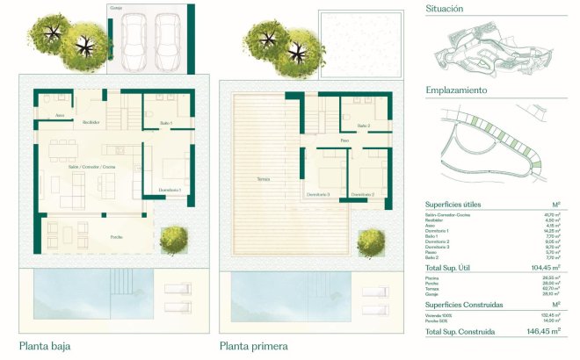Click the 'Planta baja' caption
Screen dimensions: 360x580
click(x=44, y=346)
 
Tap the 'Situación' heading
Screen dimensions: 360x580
click(x=445, y=9)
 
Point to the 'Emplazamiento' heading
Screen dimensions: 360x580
click(x=456, y=90)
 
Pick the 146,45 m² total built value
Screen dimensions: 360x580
click(x=542, y=333)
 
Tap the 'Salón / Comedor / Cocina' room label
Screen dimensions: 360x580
click(x=91, y=167)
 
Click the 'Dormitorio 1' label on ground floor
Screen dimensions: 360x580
click(x=170, y=190)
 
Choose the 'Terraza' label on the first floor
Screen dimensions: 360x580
click(x=264, y=178)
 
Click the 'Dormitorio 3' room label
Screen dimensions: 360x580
click(x=318, y=193)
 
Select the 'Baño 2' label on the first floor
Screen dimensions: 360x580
click(x=363, y=126)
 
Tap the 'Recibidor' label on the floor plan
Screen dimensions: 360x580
click(x=91, y=122)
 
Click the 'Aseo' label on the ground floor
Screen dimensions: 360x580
click(x=60, y=115)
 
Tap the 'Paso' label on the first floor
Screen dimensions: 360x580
click(x=344, y=140)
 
